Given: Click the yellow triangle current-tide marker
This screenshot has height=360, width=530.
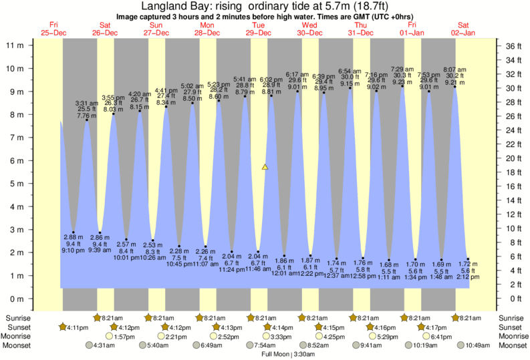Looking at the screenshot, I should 265,167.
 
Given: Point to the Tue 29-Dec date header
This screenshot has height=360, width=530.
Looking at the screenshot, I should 258,29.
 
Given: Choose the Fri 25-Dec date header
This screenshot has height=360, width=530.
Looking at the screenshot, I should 54,29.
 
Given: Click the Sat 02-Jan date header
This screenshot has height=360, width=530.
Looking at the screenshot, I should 463,29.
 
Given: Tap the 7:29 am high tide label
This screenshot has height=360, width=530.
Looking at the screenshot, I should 402,69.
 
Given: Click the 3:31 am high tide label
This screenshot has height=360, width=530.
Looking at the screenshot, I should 87,103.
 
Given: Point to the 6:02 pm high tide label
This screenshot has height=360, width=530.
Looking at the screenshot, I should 271,79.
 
